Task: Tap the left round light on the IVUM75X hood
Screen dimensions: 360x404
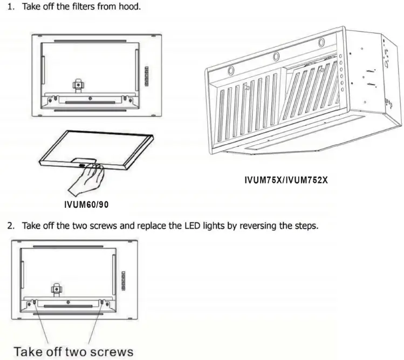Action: click(x=230, y=70)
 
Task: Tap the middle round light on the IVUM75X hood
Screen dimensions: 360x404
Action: click(x=276, y=56)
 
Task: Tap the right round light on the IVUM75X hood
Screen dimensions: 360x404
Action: click(x=321, y=43)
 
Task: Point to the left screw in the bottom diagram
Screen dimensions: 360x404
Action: click(x=36, y=302)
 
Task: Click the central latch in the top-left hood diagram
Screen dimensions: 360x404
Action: click(x=79, y=85)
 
